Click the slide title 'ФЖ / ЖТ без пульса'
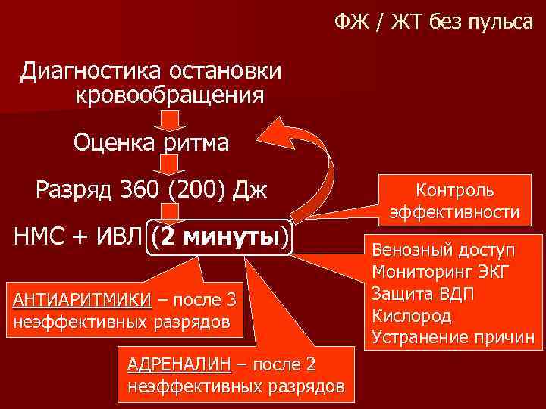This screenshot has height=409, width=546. [x=434, y=23]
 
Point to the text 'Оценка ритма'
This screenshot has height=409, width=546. [x=151, y=143]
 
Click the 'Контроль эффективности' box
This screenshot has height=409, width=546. [x=454, y=201]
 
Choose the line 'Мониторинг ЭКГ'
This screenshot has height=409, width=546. [x=442, y=272]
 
